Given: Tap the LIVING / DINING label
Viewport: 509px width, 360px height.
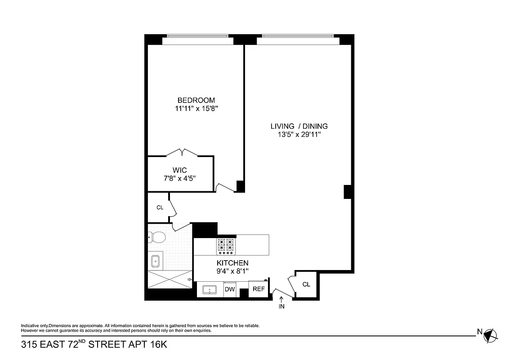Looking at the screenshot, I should click(299, 126).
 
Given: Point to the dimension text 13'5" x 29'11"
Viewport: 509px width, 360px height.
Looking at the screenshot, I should click(299, 135).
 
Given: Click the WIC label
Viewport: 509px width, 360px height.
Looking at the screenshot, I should click(179, 170).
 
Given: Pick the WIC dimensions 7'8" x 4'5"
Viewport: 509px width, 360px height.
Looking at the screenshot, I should click(179, 178).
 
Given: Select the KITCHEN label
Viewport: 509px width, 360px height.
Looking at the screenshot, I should click(232, 263).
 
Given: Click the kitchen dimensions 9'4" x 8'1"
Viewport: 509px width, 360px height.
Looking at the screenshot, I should click(232, 271).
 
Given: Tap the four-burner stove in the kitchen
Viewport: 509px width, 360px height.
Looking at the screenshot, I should click(226, 246).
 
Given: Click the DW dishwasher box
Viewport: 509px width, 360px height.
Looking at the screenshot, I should click(230, 289).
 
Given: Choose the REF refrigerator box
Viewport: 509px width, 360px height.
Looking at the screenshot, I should click(259, 289).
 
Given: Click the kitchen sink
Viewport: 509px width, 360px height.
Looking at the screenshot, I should click(210, 290).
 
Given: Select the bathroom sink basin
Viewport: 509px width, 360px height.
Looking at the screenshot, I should click(156, 261).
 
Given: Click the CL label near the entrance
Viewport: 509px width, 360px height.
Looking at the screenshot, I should click(306, 284).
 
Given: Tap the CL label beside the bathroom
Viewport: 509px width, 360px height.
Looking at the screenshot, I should click(160, 207).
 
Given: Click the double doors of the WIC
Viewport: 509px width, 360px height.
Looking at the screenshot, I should click(182, 152).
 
